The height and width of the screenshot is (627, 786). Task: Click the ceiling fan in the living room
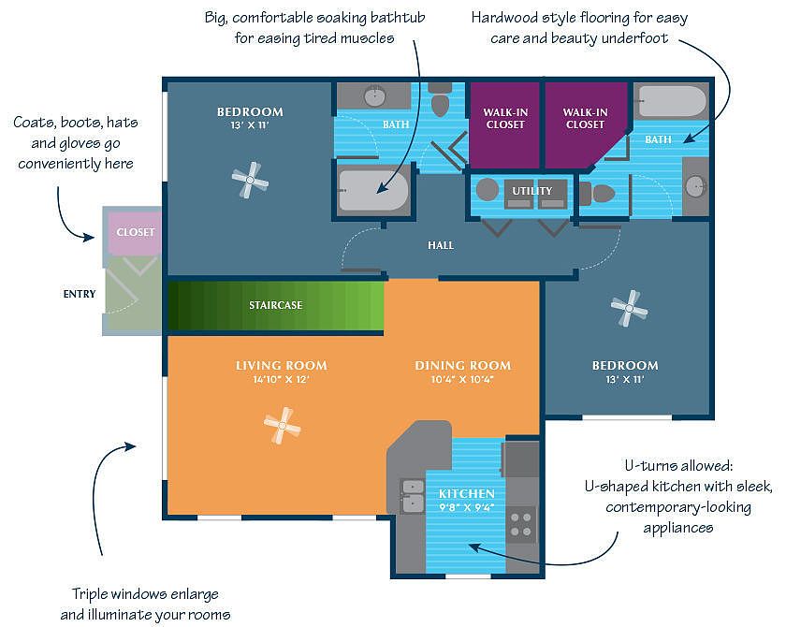[283, 426]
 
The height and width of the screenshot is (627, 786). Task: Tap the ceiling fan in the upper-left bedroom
[250, 180]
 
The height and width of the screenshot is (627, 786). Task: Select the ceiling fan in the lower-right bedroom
[629, 308]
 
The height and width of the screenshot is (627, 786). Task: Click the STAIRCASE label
[276, 305]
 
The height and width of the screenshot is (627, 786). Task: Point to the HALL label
[441, 245]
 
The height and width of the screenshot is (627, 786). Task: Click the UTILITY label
[531, 191]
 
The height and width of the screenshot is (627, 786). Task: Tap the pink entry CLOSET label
[136, 232]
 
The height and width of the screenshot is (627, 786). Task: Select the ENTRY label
[80, 294]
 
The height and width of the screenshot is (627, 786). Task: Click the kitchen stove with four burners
[521, 525]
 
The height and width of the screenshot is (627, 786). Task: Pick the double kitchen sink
[413, 496]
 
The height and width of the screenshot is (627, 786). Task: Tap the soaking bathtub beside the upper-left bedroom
[373, 190]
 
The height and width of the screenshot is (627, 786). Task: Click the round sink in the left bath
[375, 95]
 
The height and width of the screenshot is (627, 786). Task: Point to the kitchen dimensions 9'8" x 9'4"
[467, 506]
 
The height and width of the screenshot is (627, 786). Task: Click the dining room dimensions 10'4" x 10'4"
[462, 379]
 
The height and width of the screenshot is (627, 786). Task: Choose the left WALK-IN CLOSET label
[505, 118]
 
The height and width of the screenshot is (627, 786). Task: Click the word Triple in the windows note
[89, 594]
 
